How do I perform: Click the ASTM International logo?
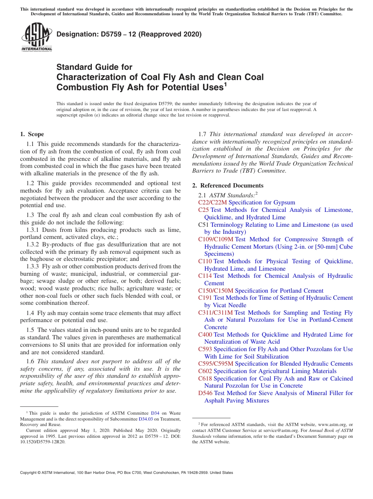click(37, 37)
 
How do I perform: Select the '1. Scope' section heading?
click(32, 134)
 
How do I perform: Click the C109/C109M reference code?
click(216, 239)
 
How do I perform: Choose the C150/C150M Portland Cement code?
click(216, 291)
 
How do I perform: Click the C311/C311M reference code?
click(216, 313)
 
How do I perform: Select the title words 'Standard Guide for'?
click(94, 67)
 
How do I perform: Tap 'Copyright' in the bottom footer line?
click(30, 473)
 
